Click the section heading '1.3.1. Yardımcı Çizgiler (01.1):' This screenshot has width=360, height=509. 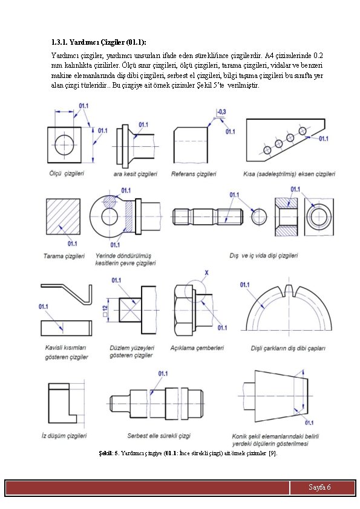(99, 42)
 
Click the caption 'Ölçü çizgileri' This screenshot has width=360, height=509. (67, 173)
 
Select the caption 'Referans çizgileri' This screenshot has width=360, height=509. (194, 174)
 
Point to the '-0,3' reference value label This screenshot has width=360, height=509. (221, 112)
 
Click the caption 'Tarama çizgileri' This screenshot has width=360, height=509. (64, 256)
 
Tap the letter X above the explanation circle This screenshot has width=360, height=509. (206, 273)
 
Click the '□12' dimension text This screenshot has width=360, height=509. (105, 311)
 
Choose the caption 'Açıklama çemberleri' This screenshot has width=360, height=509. (197, 348)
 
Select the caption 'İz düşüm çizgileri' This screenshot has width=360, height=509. (64, 436)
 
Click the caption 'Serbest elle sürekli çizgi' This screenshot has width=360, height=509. (159, 436)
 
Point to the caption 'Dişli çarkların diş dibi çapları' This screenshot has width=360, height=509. (288, 348)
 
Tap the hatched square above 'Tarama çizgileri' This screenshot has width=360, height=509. (63, 216)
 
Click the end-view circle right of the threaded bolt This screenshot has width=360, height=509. (260, 216)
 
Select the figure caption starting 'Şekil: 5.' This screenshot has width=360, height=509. (188, 453)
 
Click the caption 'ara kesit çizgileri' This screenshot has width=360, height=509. (135, 174)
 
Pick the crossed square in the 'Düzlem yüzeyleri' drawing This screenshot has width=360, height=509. (130, 310)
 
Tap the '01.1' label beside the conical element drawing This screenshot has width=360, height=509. (309, 423)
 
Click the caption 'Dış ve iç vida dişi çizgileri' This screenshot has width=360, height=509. (264, 256)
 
